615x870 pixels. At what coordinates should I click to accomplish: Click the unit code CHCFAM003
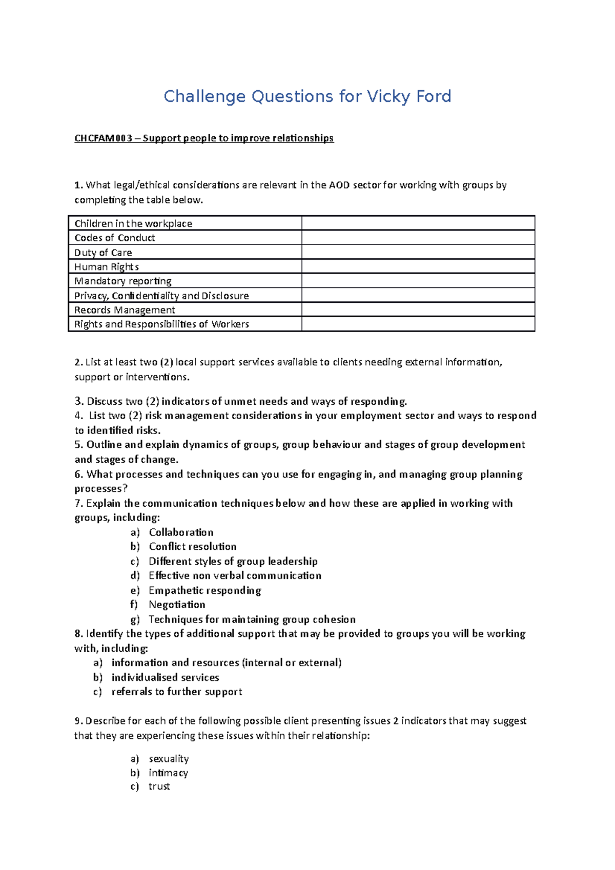pos(103,138)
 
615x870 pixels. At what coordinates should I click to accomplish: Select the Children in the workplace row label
pos(133,223)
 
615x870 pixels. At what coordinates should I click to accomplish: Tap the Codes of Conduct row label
pos(115,238)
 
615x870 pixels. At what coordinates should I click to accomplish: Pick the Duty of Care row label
pos(103,253)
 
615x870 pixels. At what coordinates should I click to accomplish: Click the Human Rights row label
pos(107,267)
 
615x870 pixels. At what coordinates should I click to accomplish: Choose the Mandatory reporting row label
pos(123,281)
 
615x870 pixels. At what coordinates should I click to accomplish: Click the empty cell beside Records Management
pos(418,309)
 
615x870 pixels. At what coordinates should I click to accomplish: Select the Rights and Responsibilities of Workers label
pos(161,324)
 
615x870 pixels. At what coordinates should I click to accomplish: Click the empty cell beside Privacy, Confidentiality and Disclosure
pos(418,295)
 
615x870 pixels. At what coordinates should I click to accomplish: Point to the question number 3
pos(78,401)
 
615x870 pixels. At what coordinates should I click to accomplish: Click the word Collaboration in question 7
pos(181,532)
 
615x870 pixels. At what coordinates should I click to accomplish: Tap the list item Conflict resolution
pos(193,547)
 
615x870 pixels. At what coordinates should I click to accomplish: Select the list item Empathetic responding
pos(205,590)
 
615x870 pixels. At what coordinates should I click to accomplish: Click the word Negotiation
pos(177,605)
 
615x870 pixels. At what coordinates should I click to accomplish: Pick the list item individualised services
pos(165,677)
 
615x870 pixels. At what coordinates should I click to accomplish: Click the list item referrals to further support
pos(177,692)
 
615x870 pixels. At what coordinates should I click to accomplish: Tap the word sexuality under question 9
pos(169,758)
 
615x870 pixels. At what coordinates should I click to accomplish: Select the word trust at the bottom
pos(159,786)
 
